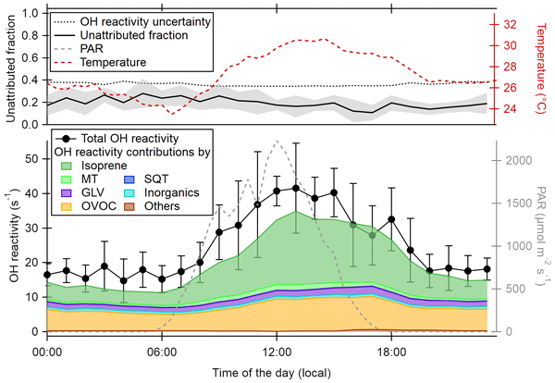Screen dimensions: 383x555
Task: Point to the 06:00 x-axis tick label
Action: pyautogui.click(x=161, y=352)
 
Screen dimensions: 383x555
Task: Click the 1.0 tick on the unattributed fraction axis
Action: pyautogui.click(x=28, y=14)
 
